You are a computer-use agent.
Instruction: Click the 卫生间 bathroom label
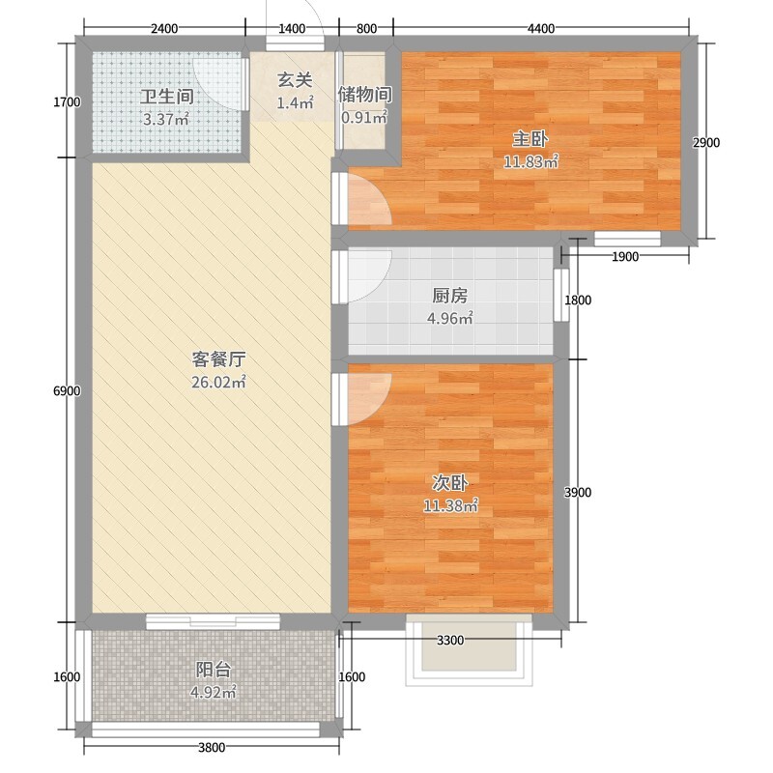click(x=166, y=96)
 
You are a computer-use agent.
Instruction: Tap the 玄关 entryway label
click(x=295, y=80)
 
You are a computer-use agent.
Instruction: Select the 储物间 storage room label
click(x=365, y=94)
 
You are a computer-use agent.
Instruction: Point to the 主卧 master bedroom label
click(x=530, y=139)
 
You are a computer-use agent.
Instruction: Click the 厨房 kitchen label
click(x=449, y=296)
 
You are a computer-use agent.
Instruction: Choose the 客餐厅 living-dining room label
click(x=218, y=358)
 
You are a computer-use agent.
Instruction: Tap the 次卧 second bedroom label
click(x=449, y=483)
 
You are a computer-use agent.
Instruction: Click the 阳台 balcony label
click(x=214, y=670)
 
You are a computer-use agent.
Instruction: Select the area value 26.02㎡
click(x=218, y=382)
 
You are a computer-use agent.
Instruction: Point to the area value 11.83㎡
click(x=530, y=161)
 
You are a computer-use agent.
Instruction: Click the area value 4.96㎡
click(x=449, y=318)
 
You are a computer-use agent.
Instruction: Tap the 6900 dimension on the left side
click(x=67, y=391)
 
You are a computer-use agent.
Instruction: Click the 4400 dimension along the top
click(x=541, y=29)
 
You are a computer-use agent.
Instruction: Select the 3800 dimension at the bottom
click(x=212, y=747)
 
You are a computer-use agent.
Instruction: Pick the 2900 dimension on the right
click(x=706, y=143)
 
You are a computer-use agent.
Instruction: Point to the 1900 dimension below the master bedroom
click(x=625, y=256)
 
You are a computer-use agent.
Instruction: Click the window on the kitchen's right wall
click(x=561, y=295)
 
